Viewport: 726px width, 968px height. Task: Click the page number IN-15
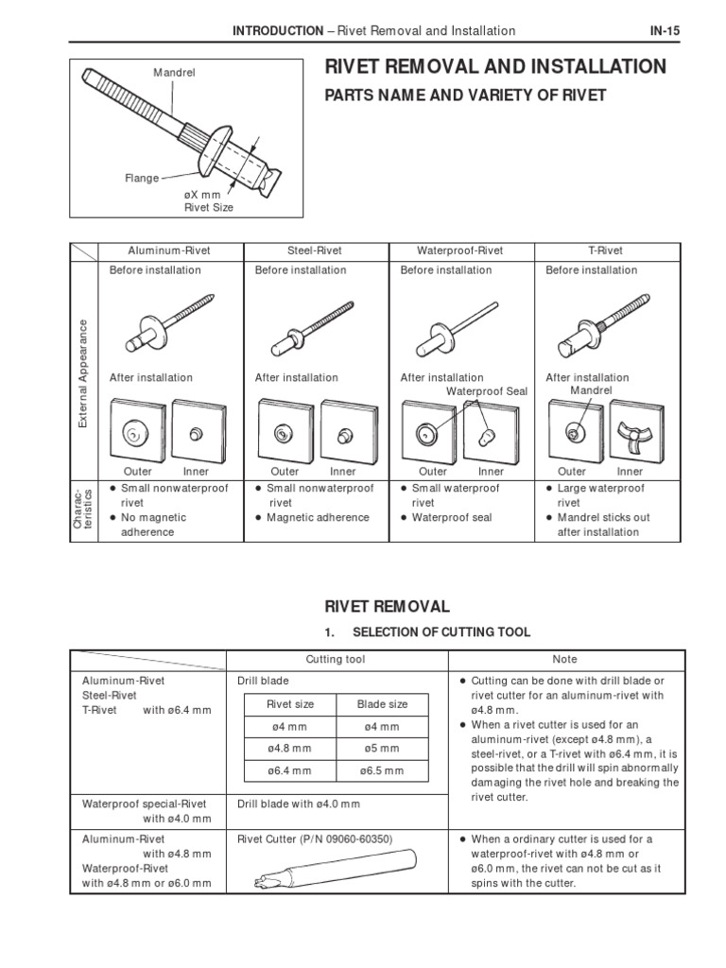click(x=665, y=30)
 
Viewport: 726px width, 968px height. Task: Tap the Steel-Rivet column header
click(x=315, y=251)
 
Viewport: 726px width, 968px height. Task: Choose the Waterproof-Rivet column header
click(x=460, y=251)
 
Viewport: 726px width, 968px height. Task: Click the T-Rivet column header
click(x=606, y=251)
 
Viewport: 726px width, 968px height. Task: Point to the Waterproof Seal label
click(x=487, y=390)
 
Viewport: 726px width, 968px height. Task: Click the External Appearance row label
click(x=83, y=372)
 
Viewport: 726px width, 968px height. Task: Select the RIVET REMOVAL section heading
click(x=375, y=606)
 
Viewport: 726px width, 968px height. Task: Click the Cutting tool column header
click(x=335, y=659)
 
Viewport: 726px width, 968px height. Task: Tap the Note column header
click(x=564, y=659)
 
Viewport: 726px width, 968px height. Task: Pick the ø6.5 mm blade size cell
click(x=382, y=770)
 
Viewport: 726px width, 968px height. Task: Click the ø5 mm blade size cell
click(x=382, y=749)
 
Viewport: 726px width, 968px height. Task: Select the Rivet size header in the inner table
click(x=289, y=704)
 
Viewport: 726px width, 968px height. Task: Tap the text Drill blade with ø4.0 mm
click(x=299, y=804)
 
